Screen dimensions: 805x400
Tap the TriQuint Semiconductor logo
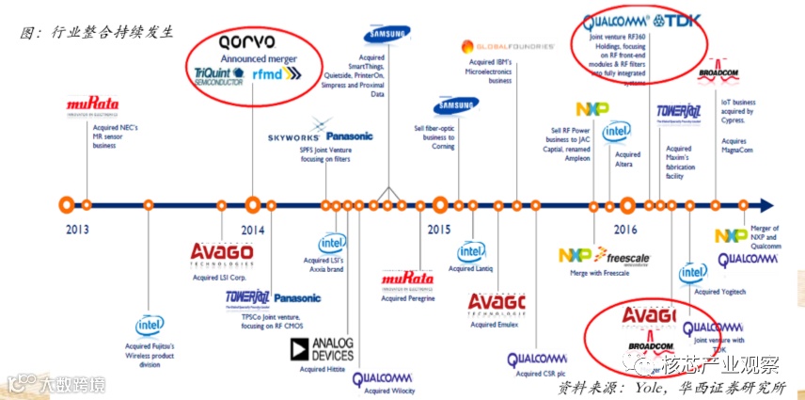(x=217, y=76)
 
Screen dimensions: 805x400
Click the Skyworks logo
(x=293, y=136)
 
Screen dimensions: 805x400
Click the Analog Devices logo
(x=321, y=349)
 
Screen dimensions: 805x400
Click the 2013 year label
(x=79, y=229)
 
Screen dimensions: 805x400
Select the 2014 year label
(x=253, y=229)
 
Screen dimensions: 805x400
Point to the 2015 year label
(x=438, y=229)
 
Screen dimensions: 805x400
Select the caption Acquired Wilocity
(x=387, y=390)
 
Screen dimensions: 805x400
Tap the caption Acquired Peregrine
(x=406, y=298)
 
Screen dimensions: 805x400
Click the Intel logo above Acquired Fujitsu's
(x=148, y=326)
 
